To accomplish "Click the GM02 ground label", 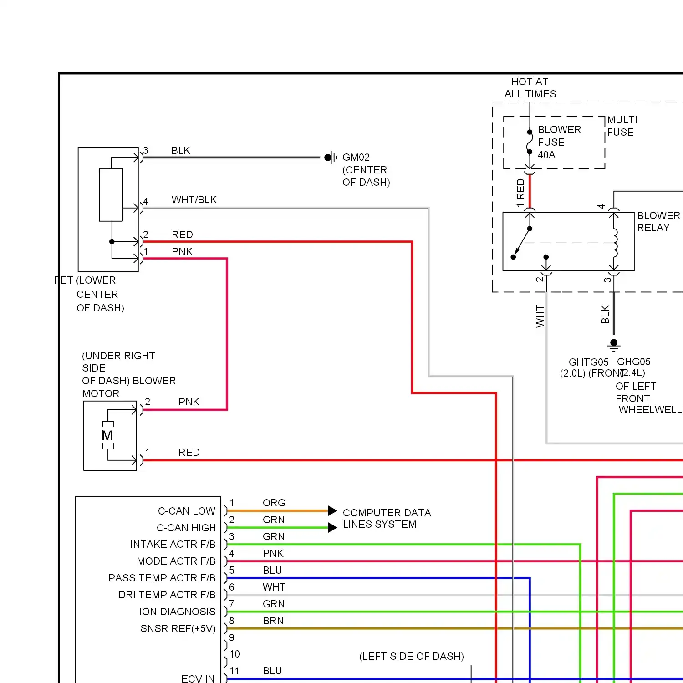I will (x=356, y=158).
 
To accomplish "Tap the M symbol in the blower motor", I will (x=107, y=436).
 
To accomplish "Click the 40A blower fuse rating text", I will (x=546, y=155).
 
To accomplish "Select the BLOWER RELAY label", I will (x=658, y=222).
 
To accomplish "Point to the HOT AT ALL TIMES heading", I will (x=530, y=88).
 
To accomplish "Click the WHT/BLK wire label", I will (x=194, y=199).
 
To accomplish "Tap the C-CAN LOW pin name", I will (x=186, y=511).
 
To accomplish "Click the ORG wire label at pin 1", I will (x=274, y=503).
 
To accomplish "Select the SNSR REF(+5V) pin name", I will (x=178, y=628).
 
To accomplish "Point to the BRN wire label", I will (x=273, y=621).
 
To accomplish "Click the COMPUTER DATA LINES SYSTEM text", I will (x=386, y=519).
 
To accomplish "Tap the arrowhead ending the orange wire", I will (x=332, y=510).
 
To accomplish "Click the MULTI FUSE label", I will (x=622, y=126).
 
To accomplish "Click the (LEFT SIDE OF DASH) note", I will (x=411, y=656).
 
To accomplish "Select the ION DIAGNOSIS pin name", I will (x=177, y=612).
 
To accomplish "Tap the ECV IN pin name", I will (x=198, y=678).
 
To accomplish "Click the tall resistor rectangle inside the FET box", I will (x=111, y=195).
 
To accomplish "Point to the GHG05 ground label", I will (x=633, y=362).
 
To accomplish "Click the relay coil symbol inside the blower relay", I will (x=615, y=243).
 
